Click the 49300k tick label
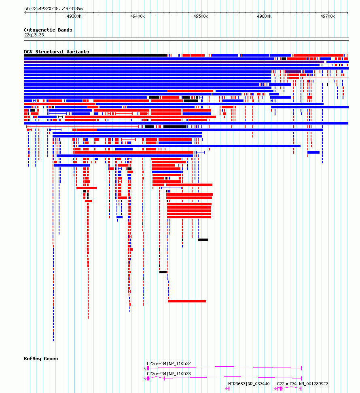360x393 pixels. (x=74, y=16)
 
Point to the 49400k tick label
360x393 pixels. (x=138, y=16)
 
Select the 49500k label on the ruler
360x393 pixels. (x=201, y=16)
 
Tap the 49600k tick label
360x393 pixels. (x=264, y=16)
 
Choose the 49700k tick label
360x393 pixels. (x=327, y=16)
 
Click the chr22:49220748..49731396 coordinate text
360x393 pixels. (x=53, y=8)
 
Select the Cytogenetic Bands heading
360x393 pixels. (x=48, y=30)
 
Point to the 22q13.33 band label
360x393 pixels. (x=34, y=35)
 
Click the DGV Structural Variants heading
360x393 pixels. (x=56, y=52)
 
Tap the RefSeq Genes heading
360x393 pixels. (x=41, y=359)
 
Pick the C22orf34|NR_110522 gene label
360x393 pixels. (x=169, y=363)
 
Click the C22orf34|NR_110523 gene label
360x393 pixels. (x=169, y=374)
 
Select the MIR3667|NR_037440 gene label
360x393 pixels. (x=249, y=384)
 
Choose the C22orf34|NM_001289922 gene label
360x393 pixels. (x=303, y=384)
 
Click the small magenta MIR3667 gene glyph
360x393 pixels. (x=227, y=389)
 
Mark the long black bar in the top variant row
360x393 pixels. (x=95, y=55)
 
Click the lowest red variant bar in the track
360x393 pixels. (x=187, y=301)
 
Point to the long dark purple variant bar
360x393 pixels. (x=174, y=62)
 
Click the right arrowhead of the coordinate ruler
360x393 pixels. (x=347, y=13)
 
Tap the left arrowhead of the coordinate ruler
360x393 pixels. (x=25, y=13)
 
